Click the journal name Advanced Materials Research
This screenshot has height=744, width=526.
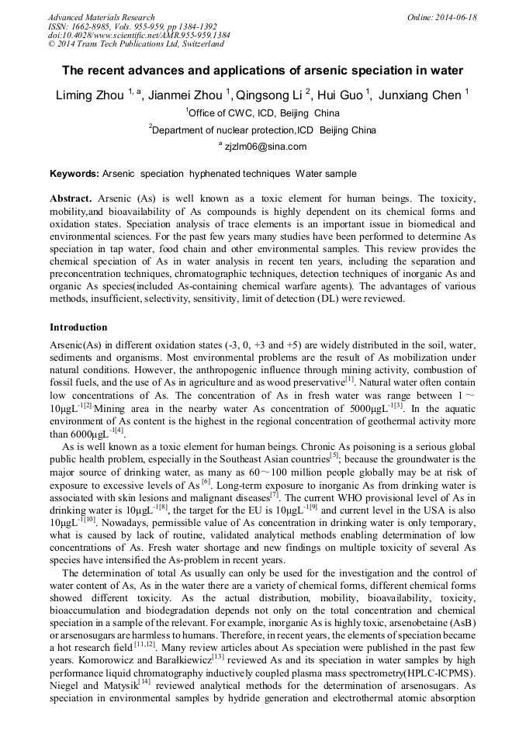click(101, 16)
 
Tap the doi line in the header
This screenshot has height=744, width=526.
click(139, 35)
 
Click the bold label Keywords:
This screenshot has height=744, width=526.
click(74, 174)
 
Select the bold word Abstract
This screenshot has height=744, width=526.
click(71, 199)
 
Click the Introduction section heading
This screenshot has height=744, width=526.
click(78, 327)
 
